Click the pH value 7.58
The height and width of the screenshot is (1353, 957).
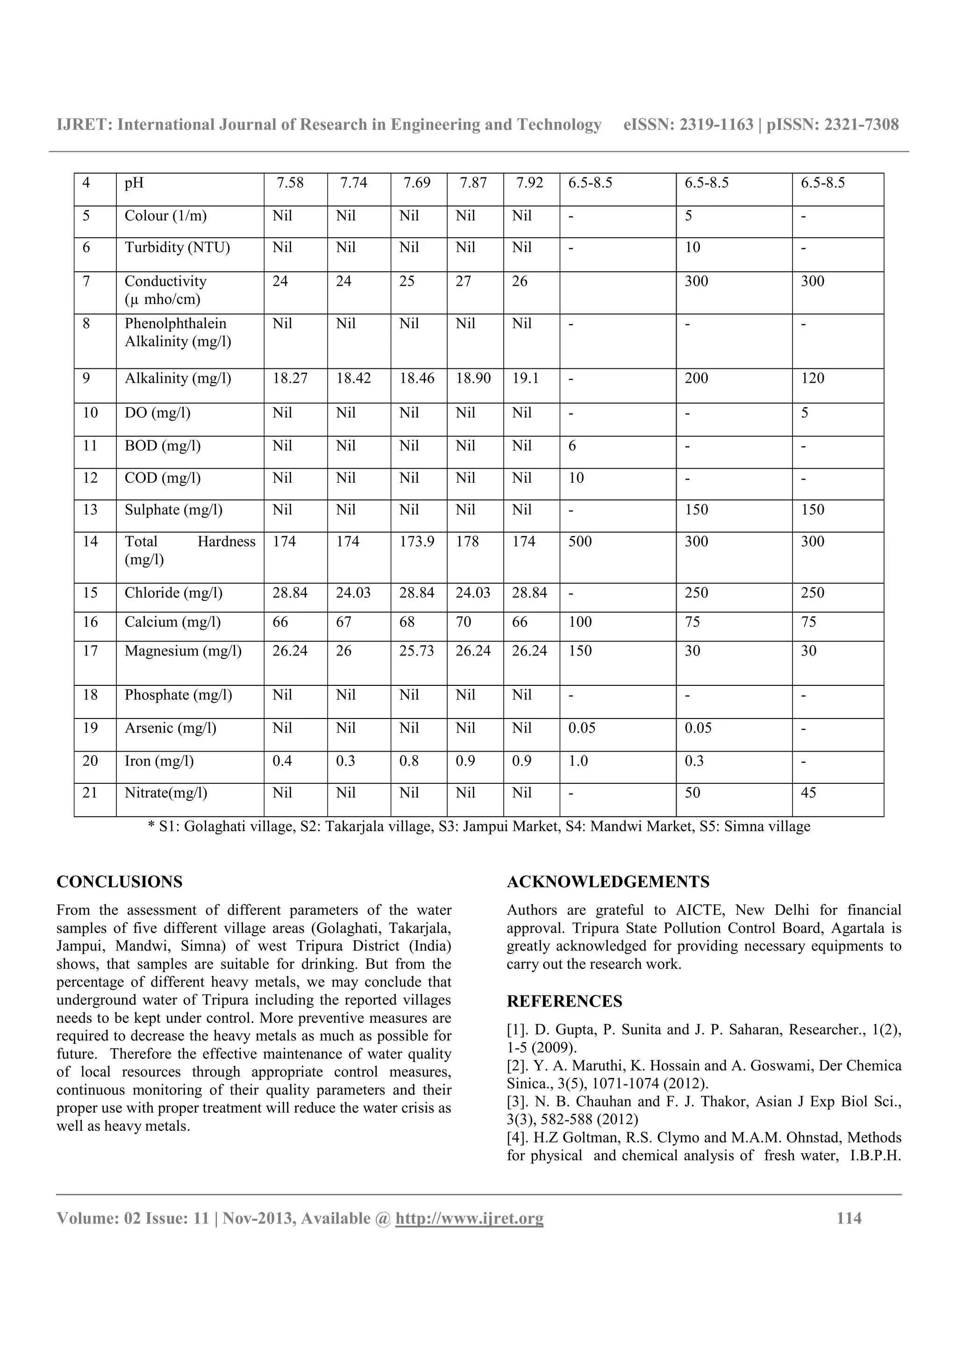[290, 183]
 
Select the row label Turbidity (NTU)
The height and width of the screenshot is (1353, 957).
[177, 247]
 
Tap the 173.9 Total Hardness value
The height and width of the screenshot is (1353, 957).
[416, 542]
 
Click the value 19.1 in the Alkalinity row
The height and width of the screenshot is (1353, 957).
[525, 378]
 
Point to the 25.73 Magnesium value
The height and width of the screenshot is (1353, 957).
[416, 651]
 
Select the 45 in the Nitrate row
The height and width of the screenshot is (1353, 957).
[808, 793]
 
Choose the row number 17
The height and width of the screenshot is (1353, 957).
[90, 651]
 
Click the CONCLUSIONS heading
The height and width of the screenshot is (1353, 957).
[119, 882]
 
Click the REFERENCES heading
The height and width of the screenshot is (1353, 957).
[564, 1002]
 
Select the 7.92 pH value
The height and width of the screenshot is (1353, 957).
[529, 183]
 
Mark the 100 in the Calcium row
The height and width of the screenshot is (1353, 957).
[579, 622]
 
